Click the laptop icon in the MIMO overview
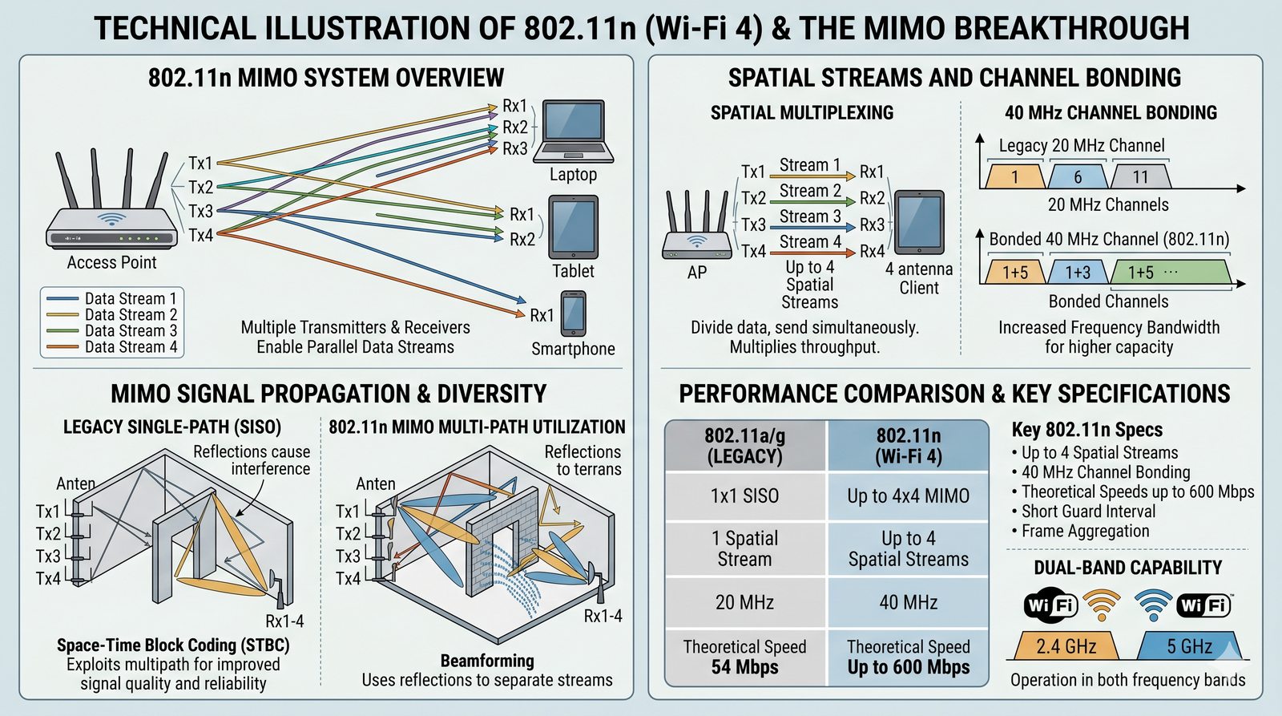[574, 131]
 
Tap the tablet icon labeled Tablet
[573, 227]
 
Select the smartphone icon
[573, 314]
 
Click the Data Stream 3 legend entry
[112, 330]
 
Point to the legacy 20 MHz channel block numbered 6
[1078, 176]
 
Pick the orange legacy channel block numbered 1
[1014, 176]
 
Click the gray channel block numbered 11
[1140, 176]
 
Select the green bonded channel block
[1171, 273]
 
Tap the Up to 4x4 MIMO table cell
[908, 496]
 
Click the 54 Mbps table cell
[744, 657]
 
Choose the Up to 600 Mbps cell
[908, 657]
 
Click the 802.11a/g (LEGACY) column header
[744, 446]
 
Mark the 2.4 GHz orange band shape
[1066, 646]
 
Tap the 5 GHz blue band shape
[1189, 646]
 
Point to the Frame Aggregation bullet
[1084, 531]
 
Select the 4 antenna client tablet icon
[918, 222]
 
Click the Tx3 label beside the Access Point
[200, 211]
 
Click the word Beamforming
[487, 661]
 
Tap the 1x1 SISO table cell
[744, 496]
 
